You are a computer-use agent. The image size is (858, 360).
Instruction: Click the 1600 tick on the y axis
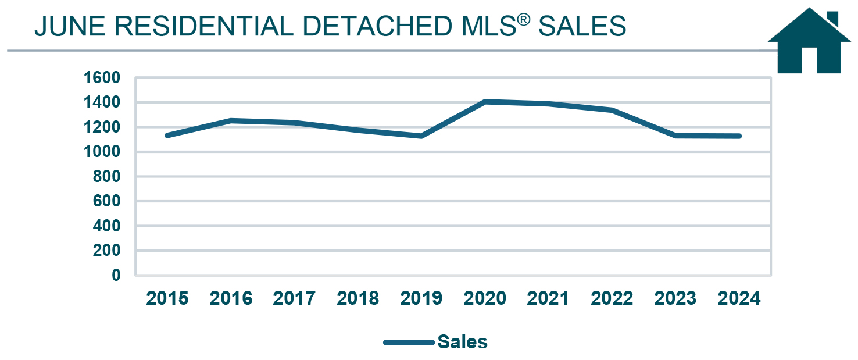point(102,78)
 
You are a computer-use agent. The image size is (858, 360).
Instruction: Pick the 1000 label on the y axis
point(102,152)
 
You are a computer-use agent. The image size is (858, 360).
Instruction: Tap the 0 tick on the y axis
point(116,275)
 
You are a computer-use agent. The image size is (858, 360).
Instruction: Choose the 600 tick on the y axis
point(106,201)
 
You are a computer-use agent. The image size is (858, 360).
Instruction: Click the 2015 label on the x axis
point(167,298)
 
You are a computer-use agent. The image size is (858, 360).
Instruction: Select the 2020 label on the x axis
point(485,298)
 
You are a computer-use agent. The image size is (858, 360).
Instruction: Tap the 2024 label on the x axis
point(739,298)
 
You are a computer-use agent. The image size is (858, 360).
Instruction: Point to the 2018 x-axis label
point(358,298)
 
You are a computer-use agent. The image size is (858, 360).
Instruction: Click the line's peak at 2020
point(485,102)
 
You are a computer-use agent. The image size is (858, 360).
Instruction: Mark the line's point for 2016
point(231,120)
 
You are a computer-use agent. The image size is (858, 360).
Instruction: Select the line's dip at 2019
point(421,136)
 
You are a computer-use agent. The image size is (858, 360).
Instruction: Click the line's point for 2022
point(612,110)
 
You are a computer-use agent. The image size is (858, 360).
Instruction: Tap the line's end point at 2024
point(739,136)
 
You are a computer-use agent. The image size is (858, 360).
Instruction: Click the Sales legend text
point(462,342)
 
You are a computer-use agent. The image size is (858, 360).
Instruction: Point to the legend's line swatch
point(409,342)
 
